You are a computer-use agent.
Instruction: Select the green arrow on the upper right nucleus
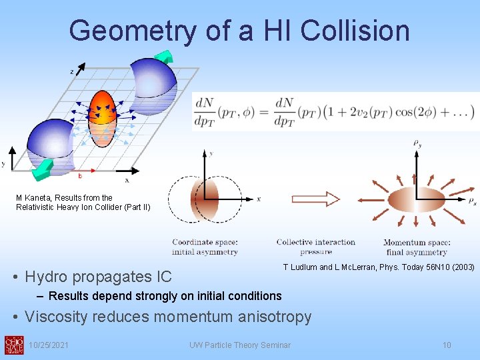pos(163,57)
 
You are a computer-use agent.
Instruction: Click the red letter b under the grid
pos(80,176)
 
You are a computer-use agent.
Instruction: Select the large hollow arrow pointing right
pos(315,199)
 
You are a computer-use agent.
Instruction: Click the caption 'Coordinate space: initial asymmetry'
pos(205,247)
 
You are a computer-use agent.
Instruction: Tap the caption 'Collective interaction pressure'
pos(315,247)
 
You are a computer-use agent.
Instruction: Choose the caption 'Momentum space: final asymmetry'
pos(417,247)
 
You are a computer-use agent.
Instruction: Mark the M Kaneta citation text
pos(83,202)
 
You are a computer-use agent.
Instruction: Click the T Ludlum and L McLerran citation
pos(378,267)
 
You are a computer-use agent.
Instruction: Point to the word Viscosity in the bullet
pos(58,317)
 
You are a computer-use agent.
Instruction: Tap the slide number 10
pos(447,345)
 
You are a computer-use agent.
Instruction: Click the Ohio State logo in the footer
pos(14,345)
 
